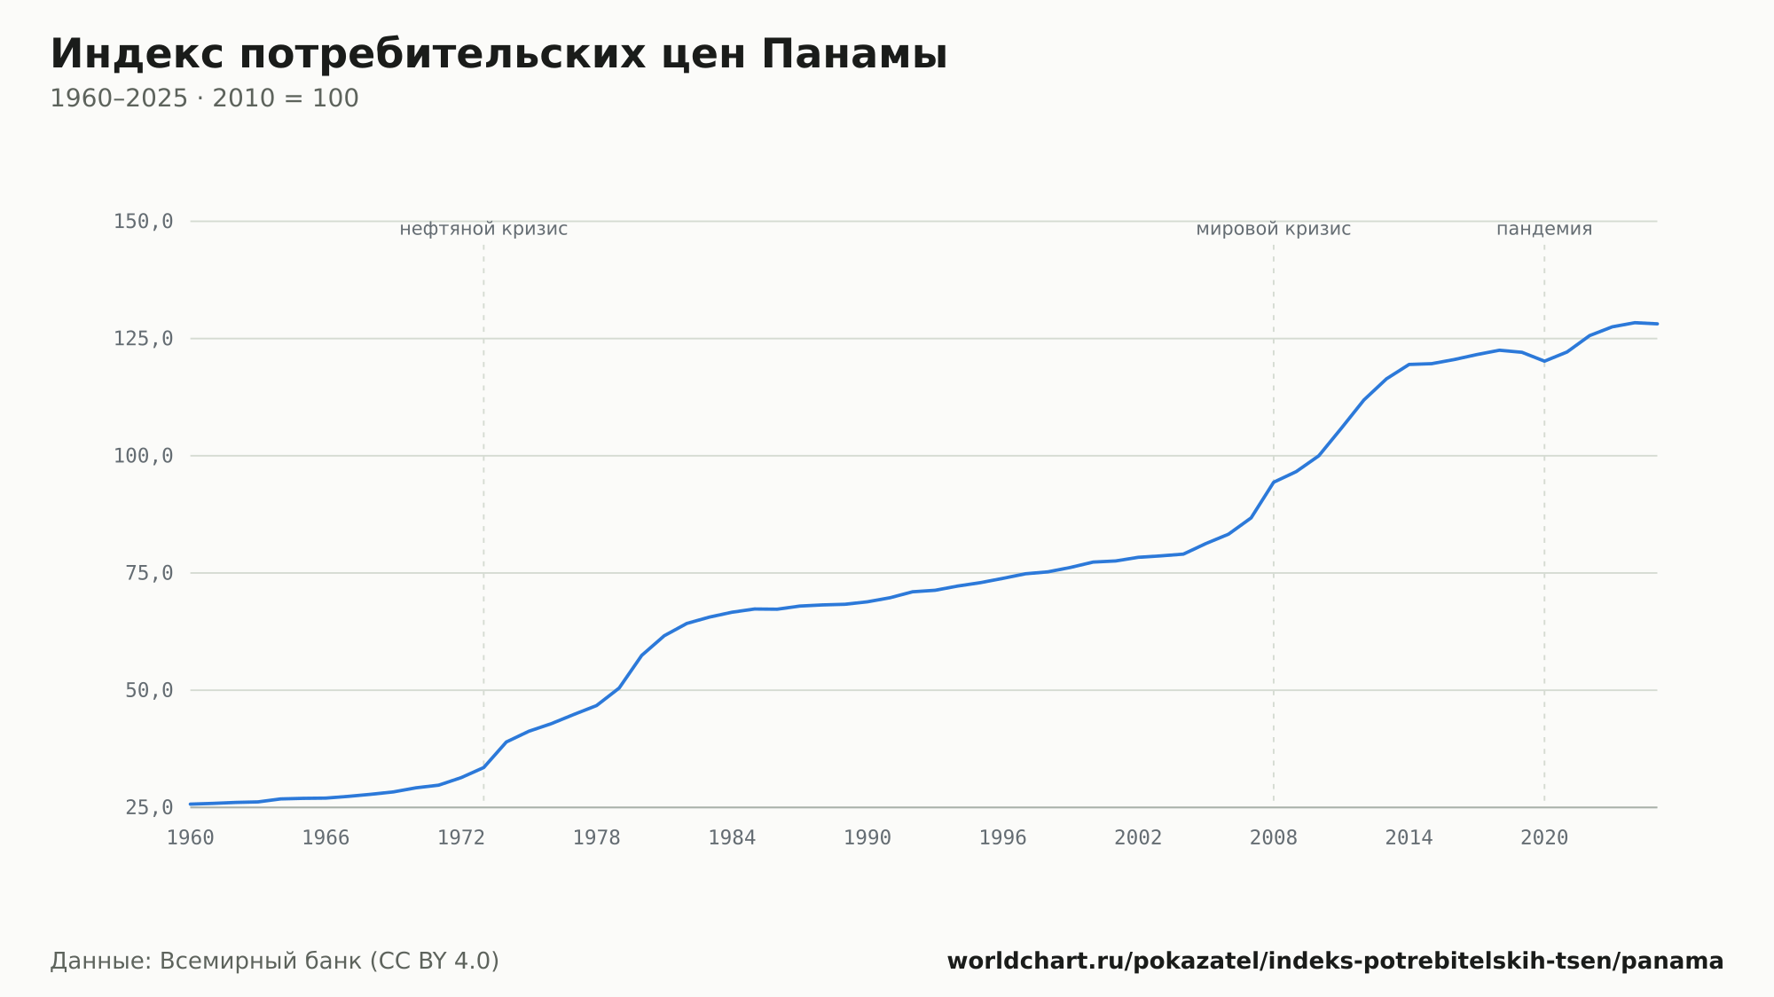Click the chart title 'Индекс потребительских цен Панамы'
[498, 55]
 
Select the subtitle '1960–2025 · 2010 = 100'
[204, 98]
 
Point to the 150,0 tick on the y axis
[143, 222]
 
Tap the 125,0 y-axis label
[143, 339]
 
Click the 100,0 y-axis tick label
[143, 456]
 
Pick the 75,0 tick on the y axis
[149, 573]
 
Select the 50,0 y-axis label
[149, 690]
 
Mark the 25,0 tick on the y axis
[149, 807]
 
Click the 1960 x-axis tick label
[191, 838]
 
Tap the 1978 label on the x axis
[597, 838]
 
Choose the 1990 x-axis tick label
[867, 838]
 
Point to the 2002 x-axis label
[1138, 838]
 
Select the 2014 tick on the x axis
[1409, 838]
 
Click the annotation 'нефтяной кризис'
[483, 229]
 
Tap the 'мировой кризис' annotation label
[1274, 229]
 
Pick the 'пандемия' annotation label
[1544, 229]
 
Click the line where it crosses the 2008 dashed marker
[1274, 483]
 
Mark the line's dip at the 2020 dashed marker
[1544, 361]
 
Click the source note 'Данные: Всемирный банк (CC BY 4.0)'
[275, 962]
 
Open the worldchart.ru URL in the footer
[1335, 962]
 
